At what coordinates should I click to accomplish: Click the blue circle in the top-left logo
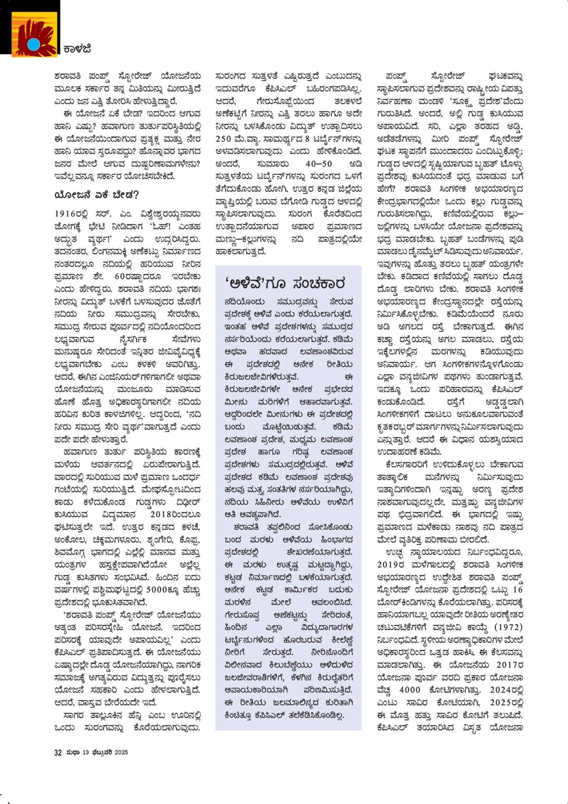pos(34,44)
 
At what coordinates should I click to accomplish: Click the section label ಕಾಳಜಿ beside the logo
pos(77,50)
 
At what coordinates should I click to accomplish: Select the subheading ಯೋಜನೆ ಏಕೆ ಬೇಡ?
pos(96,195)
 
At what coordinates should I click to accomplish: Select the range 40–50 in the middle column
pos(319,164)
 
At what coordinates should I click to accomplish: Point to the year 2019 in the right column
pos(390,564)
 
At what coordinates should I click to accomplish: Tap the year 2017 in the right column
pos(506,665)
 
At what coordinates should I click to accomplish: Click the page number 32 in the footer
pos(58,752)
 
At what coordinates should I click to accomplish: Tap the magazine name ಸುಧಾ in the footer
pos(73,752)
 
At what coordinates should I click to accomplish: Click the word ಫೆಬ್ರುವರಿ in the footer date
pos(102,752)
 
